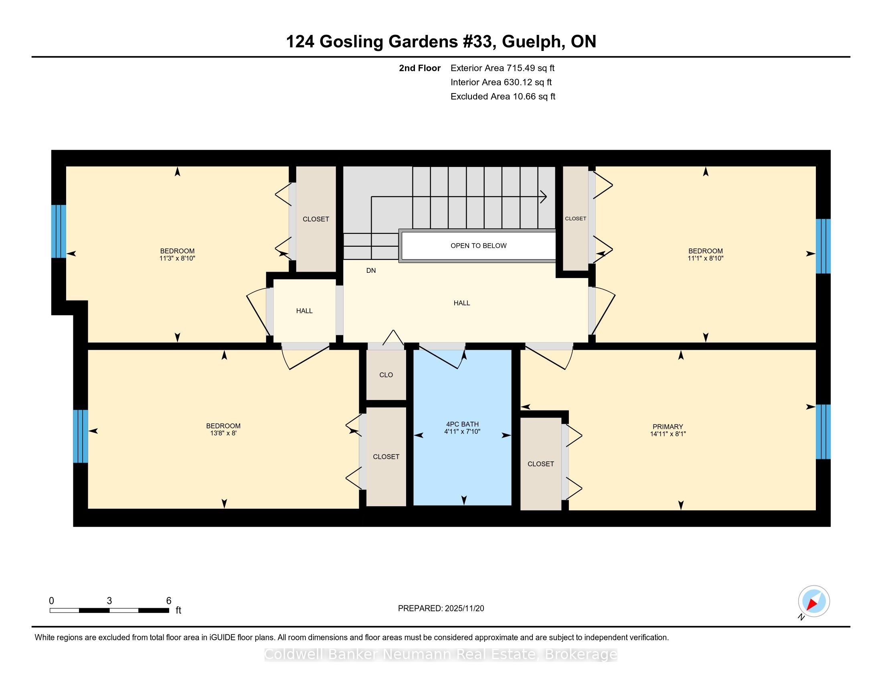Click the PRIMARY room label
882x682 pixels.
coord(668,427)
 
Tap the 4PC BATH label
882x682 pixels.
coord(462,424)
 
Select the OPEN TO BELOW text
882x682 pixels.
coord(479,246)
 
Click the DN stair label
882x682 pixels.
coord(371,271)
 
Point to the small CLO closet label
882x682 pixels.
coord(386,375)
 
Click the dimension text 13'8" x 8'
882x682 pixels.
coord(223,433)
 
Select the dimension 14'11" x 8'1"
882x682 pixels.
coord(668,434)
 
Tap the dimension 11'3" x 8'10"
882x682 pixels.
coord(177,258)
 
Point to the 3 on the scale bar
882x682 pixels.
coord(109,601)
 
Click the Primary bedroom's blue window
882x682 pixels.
coord(823,432)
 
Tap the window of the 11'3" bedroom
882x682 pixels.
coord(59,231)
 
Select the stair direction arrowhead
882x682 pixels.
coord(544,197)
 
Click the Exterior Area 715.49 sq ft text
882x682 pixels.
coord(503,68)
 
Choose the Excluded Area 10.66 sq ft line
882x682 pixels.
coord(503,97)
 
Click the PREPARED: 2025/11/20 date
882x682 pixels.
coord(441,609)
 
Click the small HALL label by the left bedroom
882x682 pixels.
coord(304,311)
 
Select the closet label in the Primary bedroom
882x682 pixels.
coord(541,464)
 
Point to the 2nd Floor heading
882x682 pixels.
coord(420,68)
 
